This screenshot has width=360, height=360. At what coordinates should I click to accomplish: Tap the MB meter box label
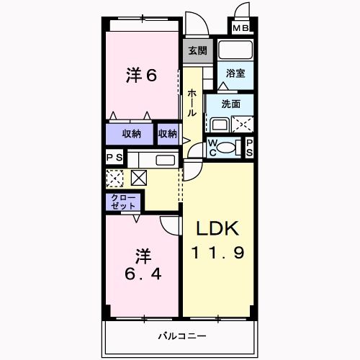pyautogui.click(x=241, y=30)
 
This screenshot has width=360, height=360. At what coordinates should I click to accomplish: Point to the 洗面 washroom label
pyautogui.click(x=230, y=104)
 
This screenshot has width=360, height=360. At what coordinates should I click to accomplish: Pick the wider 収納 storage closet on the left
pyautogui.click(x=130, y=133)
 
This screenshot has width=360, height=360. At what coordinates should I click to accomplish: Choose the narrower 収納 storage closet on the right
pyautogui.click(x=168, y=133)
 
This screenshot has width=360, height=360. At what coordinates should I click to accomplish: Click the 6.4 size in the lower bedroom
pyautogui.click(x=143, y=276)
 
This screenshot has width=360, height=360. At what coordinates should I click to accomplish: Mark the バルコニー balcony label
pyautogui.click(x=182, y=336)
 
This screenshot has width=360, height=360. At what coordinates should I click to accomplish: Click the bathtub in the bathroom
pyautogui.click(x=235, y=51)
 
